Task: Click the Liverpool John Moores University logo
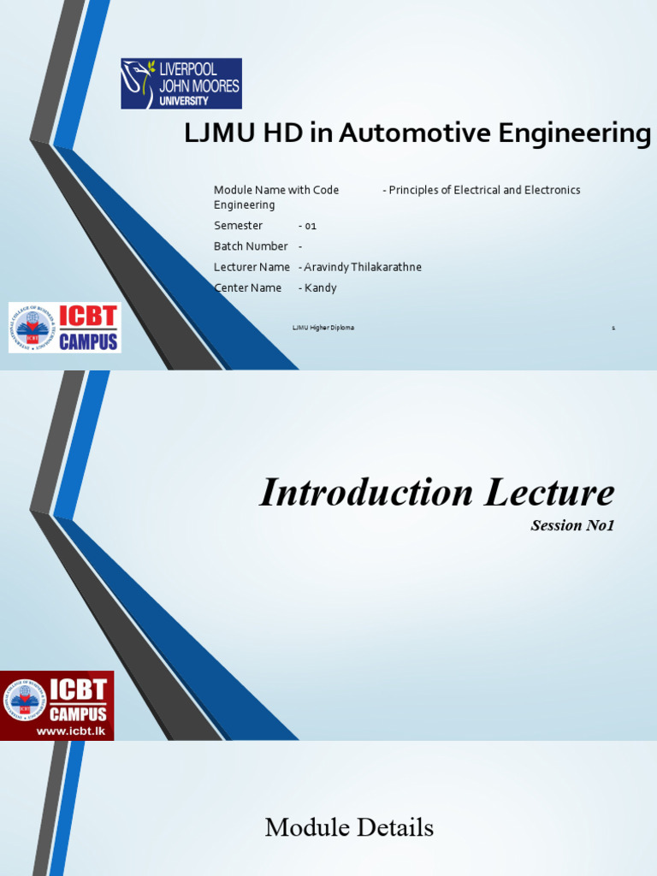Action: click(x=181, y=84)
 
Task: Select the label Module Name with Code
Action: click(x=276, y=190)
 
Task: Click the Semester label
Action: click(x=238, y=226)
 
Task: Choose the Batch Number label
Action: click(x=251, y=246)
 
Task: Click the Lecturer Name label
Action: click(x=252, y=267)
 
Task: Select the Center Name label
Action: click(x=247, y=288)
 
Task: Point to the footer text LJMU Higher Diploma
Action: click(x=323, y=328)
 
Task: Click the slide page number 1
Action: click(x=613, y=328)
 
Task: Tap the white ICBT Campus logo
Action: click(x=65, y=328)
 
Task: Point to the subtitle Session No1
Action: click(x=572, y=525)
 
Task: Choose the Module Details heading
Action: click(x=349, y=828)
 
